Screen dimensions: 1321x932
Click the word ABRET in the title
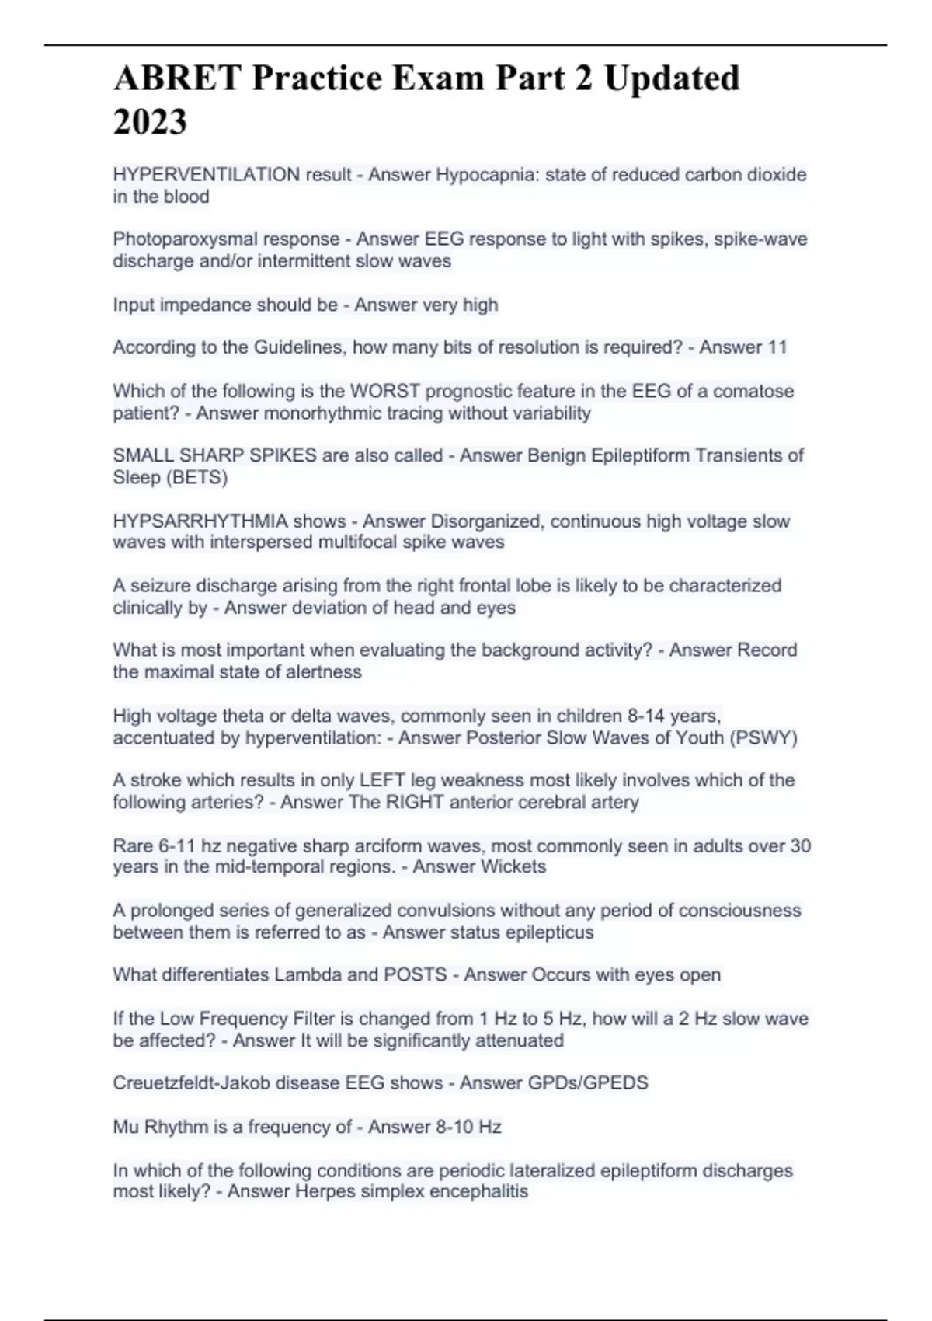[176, 78]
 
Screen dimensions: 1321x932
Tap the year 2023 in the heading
[150, 122]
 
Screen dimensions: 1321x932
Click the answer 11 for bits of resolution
[777, 347]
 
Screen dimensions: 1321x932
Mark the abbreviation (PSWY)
[763, 737]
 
